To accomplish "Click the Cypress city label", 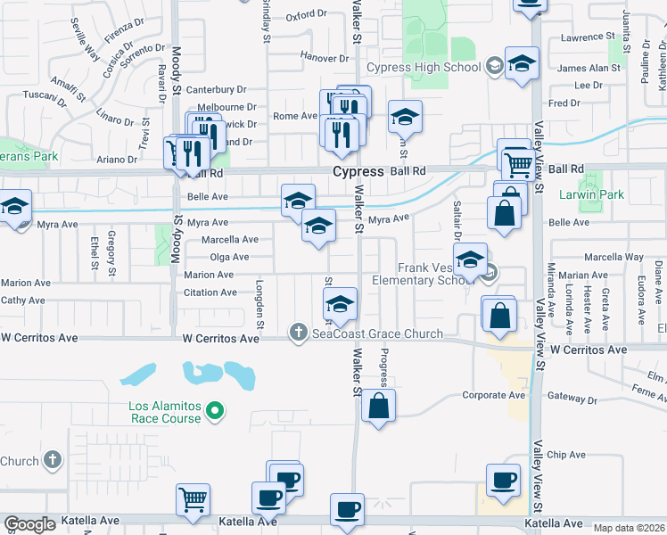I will pos(358,171).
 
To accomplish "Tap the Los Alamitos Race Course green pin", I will pos(214,410).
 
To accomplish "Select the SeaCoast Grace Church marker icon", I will pos(299,333).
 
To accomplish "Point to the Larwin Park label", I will pos(621,194).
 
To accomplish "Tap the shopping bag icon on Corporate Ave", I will pos(379,406).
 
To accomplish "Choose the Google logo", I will pos(29,524).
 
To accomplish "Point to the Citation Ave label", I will pos(210,292).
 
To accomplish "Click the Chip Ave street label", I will pos(565,455).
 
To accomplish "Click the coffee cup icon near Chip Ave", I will pos(503,481).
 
